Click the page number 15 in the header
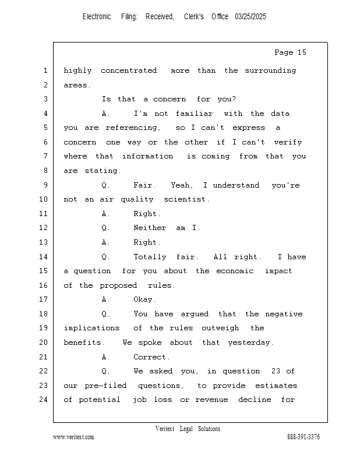coord(302,52)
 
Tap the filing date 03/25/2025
coord(250,17)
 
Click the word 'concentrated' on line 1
coord(129,70)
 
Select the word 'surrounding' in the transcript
coord(270,71)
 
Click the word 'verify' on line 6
coord(288,142)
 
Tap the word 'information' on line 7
coord(147,156)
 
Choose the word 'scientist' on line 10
coord(186,199)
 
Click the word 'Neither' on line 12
coord(150,228)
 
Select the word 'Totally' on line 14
coord(150,257)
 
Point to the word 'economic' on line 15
coord(235,271)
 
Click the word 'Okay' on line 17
coord(144,299)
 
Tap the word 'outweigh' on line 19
coord(220,328)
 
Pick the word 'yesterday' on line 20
coord(250,343)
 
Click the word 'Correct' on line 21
coord(151,357)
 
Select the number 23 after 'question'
coord(276,371)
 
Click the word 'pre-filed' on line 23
coord(105,386)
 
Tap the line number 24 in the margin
coord(44,400)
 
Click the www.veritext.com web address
coord(73,437)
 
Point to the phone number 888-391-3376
coord(303,437)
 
